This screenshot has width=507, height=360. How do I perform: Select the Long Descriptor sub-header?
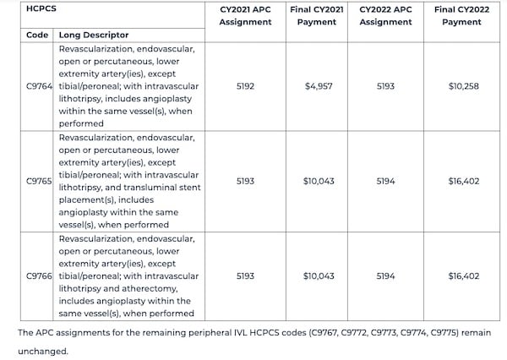(x=93, y=35)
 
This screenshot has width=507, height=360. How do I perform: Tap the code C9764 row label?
(x=40, y=85)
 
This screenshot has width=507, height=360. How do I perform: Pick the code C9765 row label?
(x=40, y=181)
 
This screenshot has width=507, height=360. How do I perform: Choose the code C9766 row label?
(x=40, y=275)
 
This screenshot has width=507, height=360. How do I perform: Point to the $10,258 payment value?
(x=464, y=85)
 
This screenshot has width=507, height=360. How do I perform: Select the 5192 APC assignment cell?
(x=248, y=85)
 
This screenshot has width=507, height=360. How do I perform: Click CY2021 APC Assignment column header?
(x=248, y=15)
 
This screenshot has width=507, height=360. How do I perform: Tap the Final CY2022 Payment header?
(x=464, y=15)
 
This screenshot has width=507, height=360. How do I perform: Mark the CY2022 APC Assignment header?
(x=385, y=15)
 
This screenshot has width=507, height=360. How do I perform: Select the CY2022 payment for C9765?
(x=464, y=181)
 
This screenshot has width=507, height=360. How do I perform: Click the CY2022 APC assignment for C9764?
(x=385, y=85)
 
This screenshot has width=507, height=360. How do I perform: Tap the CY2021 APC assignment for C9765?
(x=248, y=181)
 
